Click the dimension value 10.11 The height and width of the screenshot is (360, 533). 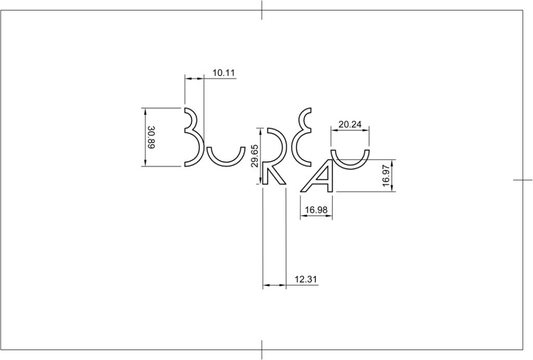pos(224,73)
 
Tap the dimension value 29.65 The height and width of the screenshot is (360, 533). pos(255,156)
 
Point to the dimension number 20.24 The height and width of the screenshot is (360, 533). pos(350,124)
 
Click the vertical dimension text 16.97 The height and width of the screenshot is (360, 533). pos(386,176)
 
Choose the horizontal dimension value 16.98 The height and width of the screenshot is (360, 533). pos(316,210)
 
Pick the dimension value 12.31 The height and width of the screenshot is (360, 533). pos(306,279)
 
